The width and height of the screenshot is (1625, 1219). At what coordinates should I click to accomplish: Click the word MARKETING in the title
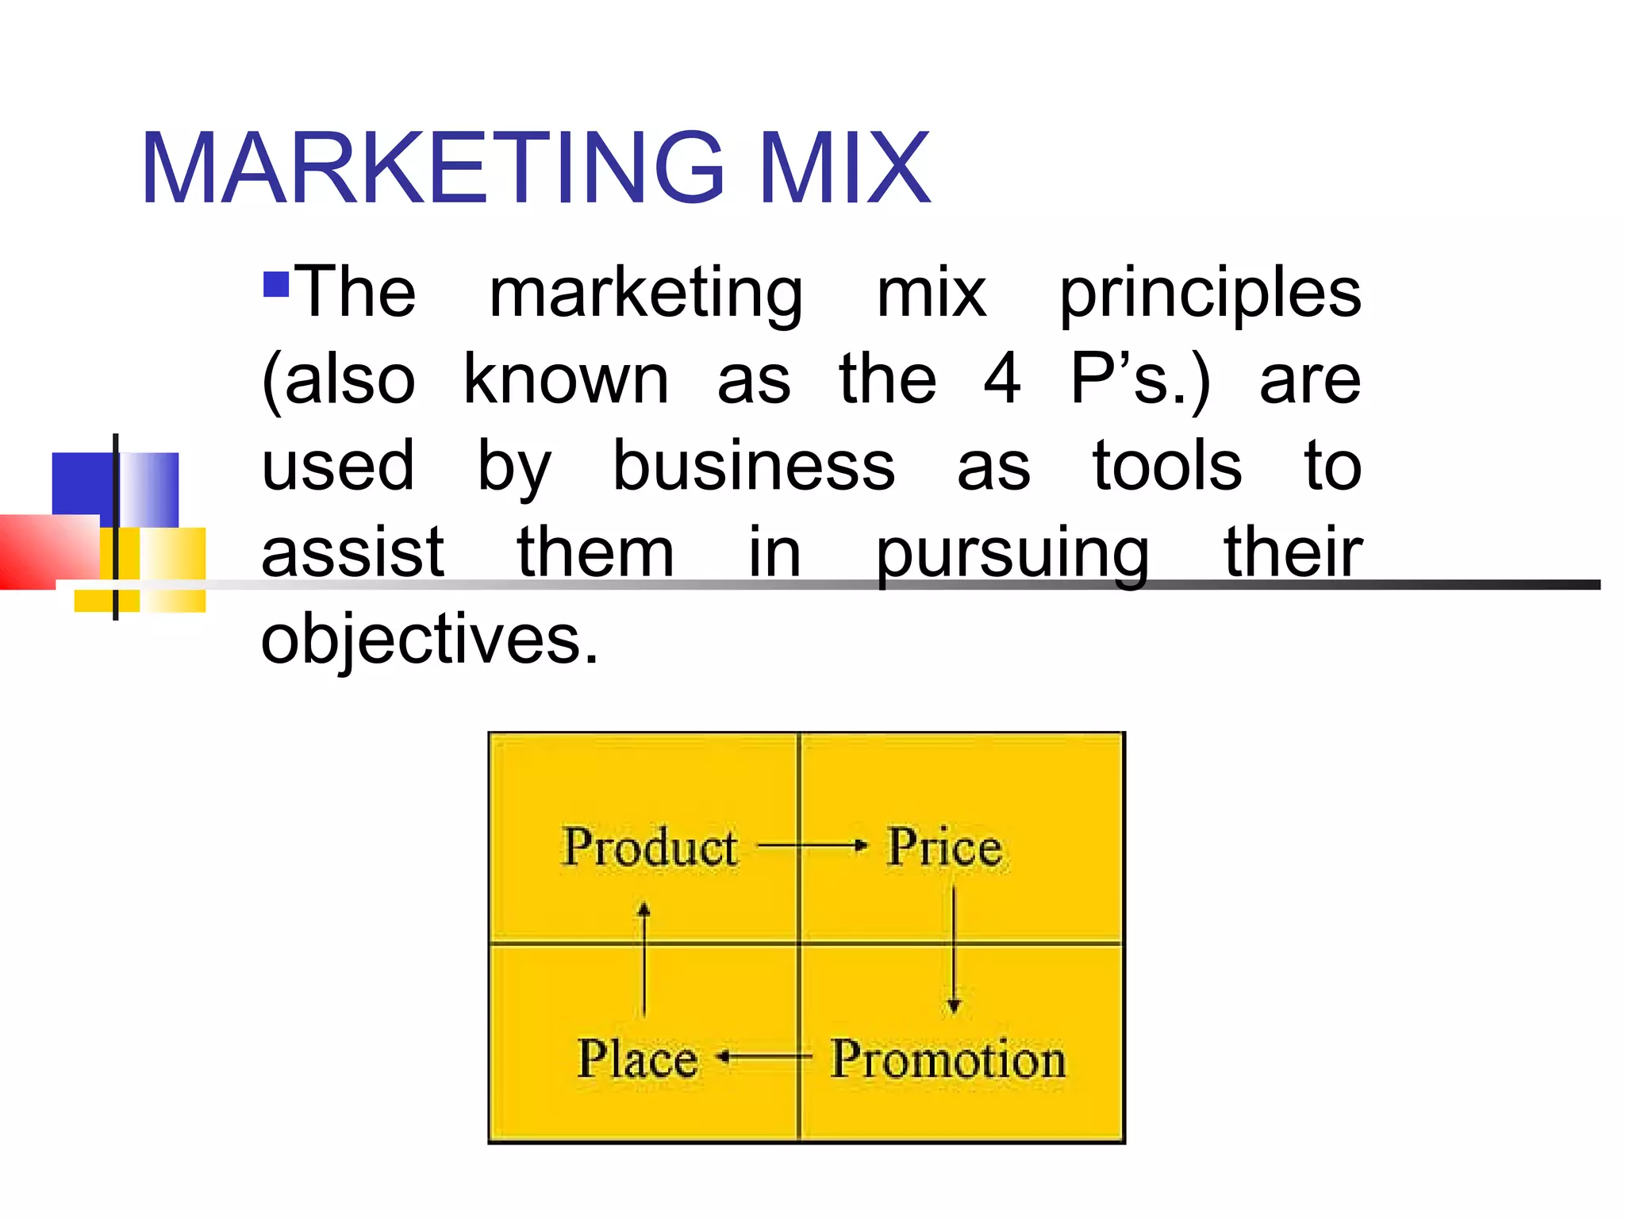432,168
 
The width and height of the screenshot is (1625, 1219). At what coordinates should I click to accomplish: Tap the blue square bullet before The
275,284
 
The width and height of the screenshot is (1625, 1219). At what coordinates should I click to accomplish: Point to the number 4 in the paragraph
1001,379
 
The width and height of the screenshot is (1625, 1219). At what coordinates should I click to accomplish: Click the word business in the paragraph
754,466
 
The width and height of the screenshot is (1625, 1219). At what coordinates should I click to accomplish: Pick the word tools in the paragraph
1166,466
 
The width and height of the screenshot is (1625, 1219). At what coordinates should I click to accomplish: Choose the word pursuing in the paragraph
1012,554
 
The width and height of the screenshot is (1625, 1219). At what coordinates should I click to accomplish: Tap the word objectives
429,640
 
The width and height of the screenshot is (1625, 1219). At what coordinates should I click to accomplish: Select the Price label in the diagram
944,847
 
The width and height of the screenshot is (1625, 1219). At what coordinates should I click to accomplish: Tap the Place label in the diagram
637,1059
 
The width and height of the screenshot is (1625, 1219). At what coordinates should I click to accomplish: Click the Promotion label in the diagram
948,1059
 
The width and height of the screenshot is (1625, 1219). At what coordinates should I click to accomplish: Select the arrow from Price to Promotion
954,949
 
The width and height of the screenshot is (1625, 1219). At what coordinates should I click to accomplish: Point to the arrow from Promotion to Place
764,1057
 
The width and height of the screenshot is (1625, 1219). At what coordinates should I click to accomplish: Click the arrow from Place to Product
644,960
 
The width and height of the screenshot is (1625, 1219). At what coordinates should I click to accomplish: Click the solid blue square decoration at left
83,484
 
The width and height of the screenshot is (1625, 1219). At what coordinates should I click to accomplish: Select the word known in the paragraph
566,379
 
